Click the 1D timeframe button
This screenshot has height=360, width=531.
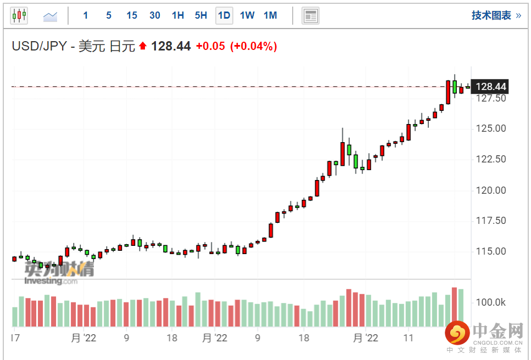[x=224, y=15]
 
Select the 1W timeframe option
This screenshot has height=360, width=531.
[x=247, y=15]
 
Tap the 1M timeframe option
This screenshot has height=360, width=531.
[x=270, y=15]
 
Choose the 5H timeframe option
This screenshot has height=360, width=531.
[x=201, y=15]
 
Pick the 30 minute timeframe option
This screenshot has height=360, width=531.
[x=155, y=15]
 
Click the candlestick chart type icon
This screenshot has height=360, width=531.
[x=19, y=15]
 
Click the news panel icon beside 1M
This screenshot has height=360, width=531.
[x=310, y=15]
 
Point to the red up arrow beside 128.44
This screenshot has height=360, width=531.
[x=143, y=47]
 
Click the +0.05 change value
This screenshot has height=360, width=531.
[x=210, y=46]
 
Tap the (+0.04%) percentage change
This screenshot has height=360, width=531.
[x=253, y=46]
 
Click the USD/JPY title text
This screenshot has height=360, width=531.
[x=73, y=46]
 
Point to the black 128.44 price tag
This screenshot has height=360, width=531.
[x=491, y=87]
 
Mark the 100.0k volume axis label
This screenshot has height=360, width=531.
[x=491, y=302]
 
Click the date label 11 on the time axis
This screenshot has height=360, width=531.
[x=408, y=337]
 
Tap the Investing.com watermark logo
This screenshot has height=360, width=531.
[x=51, y=281]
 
